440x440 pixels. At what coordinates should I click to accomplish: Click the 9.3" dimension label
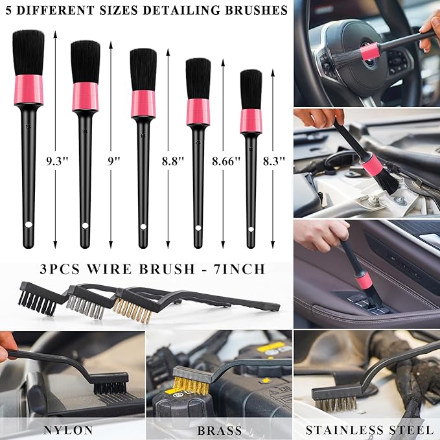57,161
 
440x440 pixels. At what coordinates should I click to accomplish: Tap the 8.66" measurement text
226,161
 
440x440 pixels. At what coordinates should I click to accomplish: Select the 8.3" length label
274,161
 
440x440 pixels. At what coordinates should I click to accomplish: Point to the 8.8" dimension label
173,161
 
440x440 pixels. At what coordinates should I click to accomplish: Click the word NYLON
68,430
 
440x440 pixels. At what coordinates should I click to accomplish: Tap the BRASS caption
220,430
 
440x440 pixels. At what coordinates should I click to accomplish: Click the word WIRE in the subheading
109,269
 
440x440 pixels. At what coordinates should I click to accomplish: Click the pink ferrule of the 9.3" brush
29,90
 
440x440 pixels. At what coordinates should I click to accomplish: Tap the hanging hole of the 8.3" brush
251,229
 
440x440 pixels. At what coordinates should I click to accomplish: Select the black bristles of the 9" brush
86,62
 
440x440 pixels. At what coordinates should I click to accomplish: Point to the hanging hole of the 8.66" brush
198,228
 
